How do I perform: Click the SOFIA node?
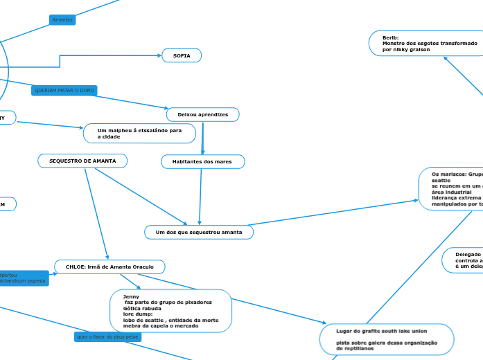[x=182, y=55]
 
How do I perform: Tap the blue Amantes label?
[x=62, y=20]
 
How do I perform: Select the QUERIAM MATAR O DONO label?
[x=64, y=91]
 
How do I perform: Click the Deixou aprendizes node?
[x=202, y=114]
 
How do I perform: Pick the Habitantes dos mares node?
[x=202, y=161]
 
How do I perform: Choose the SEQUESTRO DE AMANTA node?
[x=82, y=161]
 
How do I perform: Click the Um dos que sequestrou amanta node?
[x=199, y=232]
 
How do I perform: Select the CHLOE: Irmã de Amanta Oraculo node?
[x=109, y=267]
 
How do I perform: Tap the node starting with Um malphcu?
[x=139, y=133]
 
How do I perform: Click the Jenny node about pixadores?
[x=170, y=312]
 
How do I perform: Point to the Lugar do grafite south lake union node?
[x=386, y=339]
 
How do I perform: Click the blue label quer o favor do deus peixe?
[x=107, y=336]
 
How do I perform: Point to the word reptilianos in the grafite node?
[x=358, y=348]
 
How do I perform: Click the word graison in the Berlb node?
[x=417, y=49]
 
